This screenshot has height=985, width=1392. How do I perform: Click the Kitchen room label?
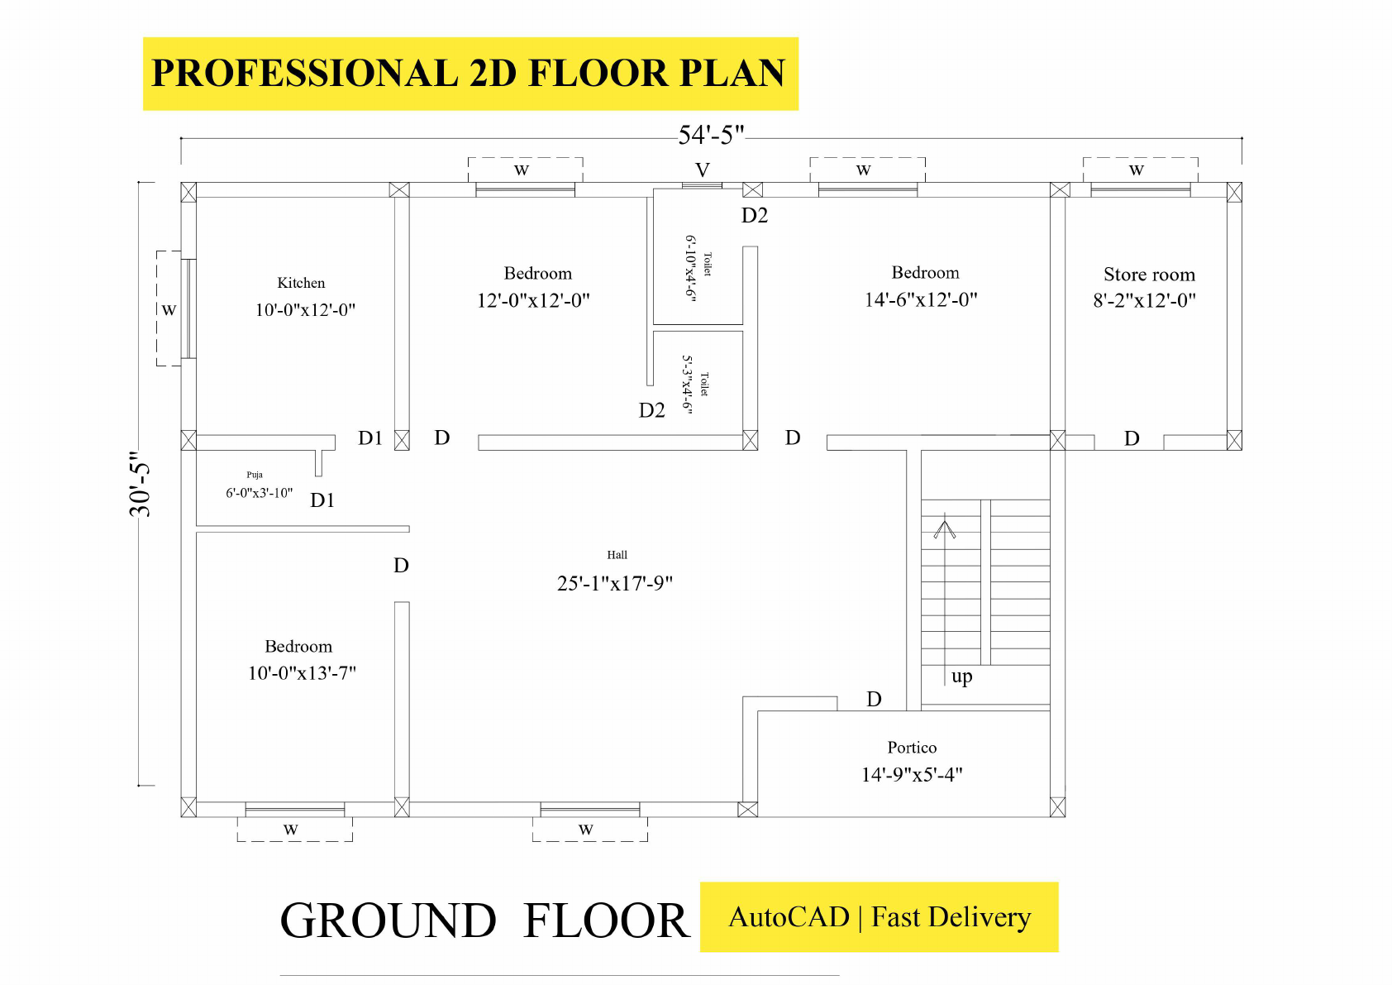tap(301, 283)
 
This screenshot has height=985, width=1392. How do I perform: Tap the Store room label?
tap(1149, 275)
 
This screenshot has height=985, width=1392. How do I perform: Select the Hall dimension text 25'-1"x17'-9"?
tap(615, 583)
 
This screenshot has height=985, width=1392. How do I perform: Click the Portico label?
tap(912, 748)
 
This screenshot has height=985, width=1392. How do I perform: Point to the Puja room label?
tap(255, 475)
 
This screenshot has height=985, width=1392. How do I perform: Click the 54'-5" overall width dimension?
tap(711, 135)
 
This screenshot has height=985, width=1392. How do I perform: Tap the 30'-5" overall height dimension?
tap(141, 484)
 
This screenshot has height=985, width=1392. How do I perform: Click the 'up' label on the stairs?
tap(961, 677)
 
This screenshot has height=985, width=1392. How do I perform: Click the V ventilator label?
tap(703, 170)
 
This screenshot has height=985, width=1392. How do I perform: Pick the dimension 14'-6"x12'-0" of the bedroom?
tap(921, 299)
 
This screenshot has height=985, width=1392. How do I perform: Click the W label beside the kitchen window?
tap(169, 310)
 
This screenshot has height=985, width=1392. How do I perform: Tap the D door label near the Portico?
tap(874, 700)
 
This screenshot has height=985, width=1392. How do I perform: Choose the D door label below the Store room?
tap(1132, 438)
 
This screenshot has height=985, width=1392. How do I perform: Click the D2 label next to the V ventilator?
tap(755, 216)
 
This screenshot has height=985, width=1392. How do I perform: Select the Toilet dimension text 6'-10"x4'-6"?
tap(690, 268)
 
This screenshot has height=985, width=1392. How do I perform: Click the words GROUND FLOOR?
tap(484, 920)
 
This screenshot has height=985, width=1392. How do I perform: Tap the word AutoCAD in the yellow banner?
tap(789, 917)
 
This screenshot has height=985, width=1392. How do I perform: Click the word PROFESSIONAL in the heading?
tap(304, 73)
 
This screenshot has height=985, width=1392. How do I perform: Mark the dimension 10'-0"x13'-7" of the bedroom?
tap(302, 673)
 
